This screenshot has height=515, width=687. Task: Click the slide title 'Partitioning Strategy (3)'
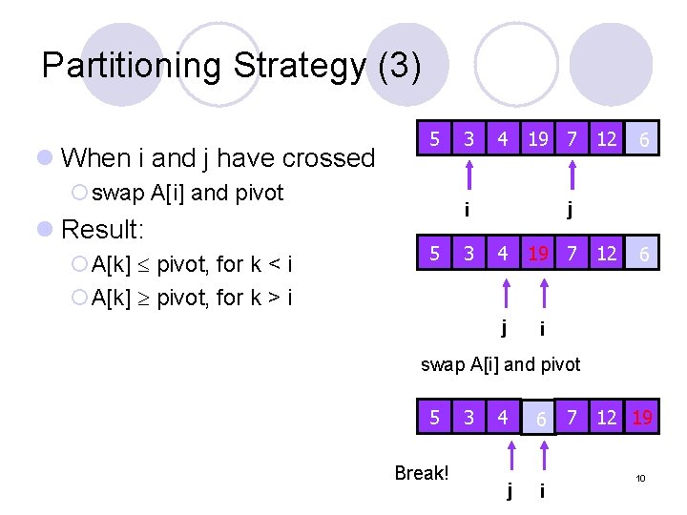(231, 66)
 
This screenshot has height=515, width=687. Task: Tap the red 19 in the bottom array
(641, 417)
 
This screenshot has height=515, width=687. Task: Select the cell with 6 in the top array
(644, 140)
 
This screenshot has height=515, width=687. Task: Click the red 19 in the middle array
(538, 255)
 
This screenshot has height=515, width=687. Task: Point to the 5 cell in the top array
(434, 139)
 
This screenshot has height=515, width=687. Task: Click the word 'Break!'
(421, 474)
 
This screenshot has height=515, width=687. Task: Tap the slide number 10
(641, 478)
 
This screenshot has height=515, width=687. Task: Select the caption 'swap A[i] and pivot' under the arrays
(500, 364)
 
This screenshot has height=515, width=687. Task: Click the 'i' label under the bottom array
(542, 490)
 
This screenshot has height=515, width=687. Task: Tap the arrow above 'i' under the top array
(468, 178)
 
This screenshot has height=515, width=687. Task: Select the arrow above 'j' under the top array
(571, 178)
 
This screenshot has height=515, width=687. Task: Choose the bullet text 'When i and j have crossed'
(218, 157)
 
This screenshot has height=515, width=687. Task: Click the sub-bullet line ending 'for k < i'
(192, 264)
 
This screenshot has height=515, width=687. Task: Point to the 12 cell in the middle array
(606, 255)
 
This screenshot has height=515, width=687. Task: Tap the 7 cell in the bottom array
(572, 417)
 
